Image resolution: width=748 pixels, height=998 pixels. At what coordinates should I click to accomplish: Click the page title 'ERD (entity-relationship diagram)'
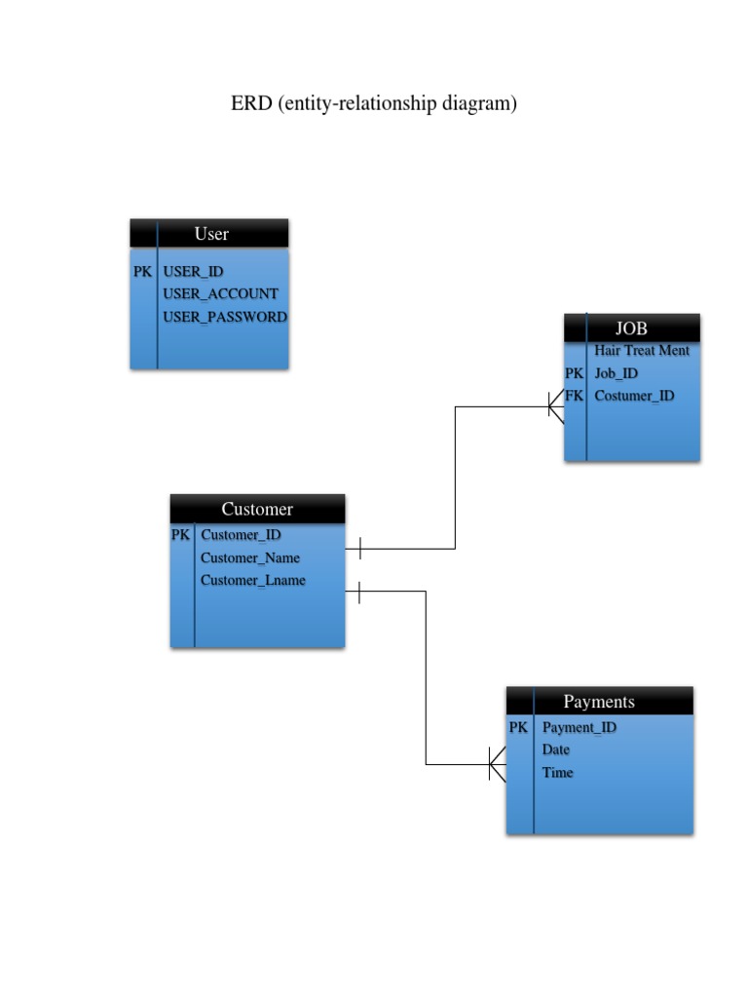point(373,103)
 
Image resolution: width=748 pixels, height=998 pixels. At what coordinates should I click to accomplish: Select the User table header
point(210,234)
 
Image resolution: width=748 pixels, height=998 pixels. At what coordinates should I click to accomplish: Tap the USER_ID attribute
point(193,272)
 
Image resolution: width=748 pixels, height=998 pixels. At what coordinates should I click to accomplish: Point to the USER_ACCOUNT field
point(220,294)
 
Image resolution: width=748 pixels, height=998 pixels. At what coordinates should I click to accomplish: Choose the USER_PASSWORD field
point(224,317)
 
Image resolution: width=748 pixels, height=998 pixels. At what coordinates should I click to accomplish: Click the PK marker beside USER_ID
point(142,272)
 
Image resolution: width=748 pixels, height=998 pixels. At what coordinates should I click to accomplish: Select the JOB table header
point(631,328)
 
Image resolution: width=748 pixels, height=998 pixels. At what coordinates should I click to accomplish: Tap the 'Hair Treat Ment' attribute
point(641,351)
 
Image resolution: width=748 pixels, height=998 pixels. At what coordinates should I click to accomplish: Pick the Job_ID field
point(616,373)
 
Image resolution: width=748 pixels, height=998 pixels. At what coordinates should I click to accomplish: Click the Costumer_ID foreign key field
point(633,396)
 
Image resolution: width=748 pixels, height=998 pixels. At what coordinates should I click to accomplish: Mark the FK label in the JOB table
point(574,396)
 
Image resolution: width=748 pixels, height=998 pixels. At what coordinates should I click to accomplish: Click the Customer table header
point(257,509)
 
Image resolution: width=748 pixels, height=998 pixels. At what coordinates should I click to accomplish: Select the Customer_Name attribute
point(249,558)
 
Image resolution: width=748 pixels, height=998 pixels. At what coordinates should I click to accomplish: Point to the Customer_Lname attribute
point(252,581)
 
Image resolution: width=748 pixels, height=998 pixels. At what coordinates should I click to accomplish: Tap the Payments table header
point(599,702)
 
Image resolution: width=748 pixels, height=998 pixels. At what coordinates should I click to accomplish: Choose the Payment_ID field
point(579,727)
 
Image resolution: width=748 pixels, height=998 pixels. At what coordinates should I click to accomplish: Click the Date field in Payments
point(556,749)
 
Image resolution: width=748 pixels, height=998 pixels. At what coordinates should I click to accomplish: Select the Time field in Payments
point(557,773)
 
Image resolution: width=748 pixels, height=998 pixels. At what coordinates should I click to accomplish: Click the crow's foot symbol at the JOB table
point(555,406)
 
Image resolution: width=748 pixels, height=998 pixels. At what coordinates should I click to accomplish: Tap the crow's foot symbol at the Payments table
point(497,765)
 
